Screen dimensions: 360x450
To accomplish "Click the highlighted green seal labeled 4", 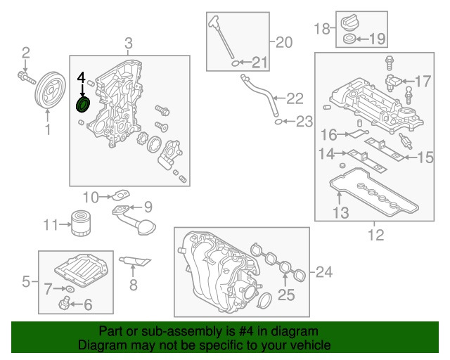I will pos(83,105).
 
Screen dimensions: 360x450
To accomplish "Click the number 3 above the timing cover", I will pos(129,45).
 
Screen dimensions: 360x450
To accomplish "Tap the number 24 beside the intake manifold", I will pos(323,271).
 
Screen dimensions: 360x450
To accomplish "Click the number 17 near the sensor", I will pos(422,82).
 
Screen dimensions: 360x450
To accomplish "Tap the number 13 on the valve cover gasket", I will pos(340,212).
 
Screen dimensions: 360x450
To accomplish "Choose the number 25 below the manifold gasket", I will pos(285,295).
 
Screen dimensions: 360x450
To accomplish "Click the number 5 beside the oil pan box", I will pos(25,283).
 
